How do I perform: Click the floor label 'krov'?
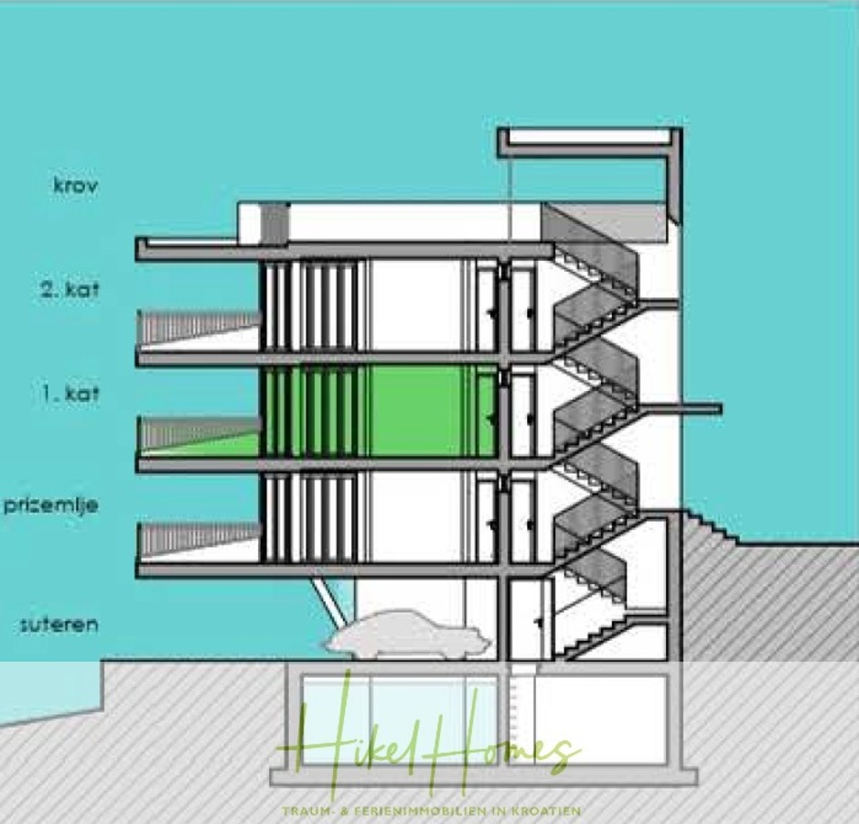(76, 185)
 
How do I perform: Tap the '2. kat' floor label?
(70, 291)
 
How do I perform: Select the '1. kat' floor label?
(70, 396)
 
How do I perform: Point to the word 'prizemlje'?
(50, 504)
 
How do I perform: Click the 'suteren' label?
(59, 625)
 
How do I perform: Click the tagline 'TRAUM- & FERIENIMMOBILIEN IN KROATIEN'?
(433, 810)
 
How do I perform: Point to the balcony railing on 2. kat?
(197, 326)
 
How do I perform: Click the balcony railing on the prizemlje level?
(197, 537)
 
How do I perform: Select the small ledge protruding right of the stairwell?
(701, 408)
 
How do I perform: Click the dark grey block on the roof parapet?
(274, 223)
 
